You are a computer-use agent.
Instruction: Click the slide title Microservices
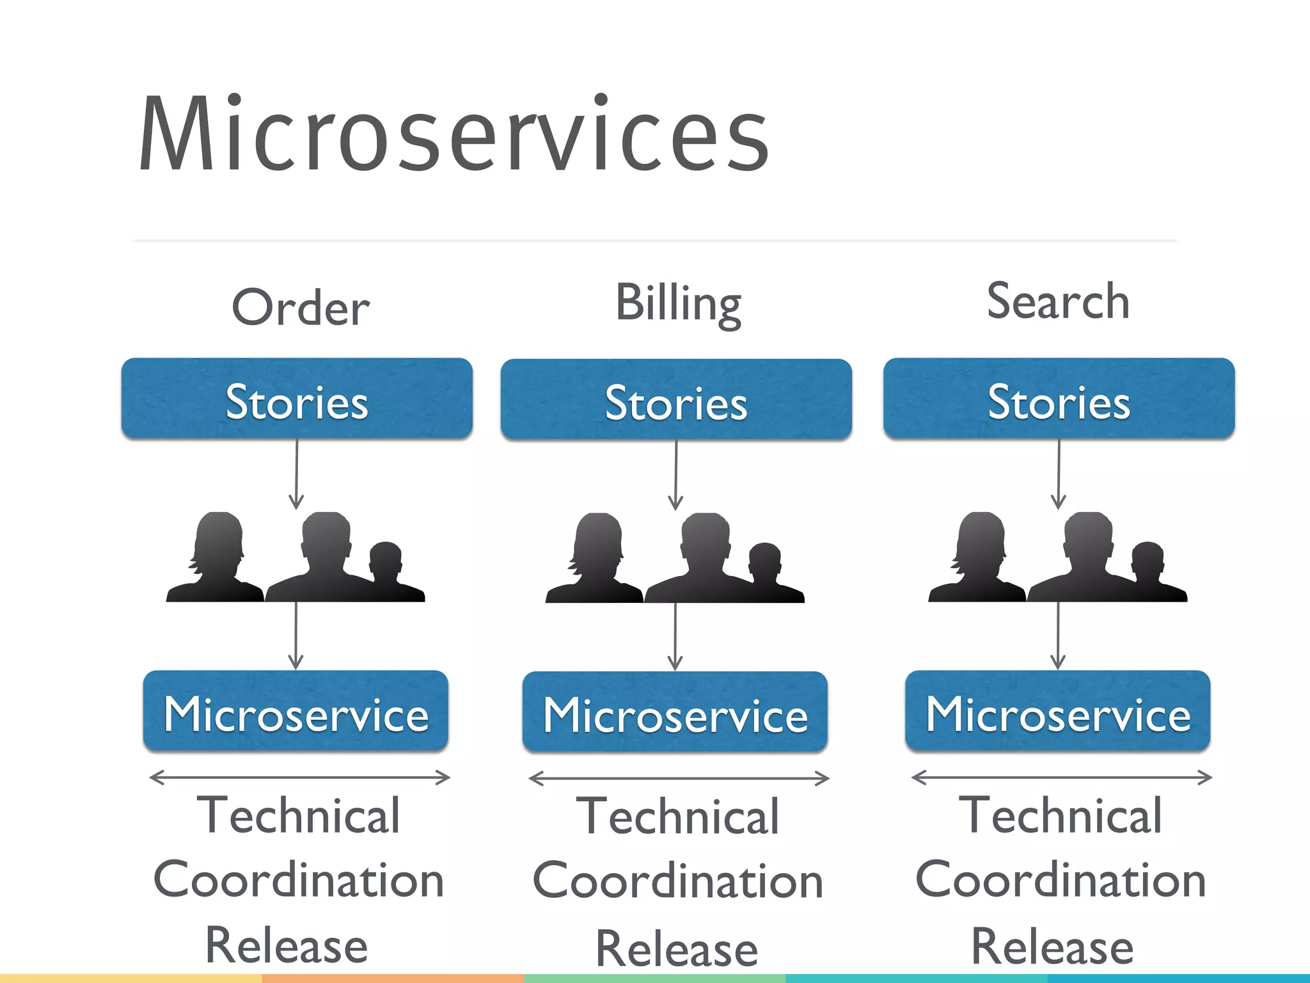click(x=454, y=134)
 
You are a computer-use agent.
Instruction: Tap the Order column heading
click(x=301, y=308)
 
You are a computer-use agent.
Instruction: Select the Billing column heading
click(x=678, y=303)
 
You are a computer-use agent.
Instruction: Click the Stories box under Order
click(x=297, y=399)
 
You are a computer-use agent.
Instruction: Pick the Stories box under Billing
click(x=676, y=400)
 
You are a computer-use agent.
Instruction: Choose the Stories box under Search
click(x=1059, y=399)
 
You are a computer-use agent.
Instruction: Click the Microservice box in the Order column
click(x=296, y=711)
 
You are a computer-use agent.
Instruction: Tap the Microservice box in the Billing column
click(x=675, y=712)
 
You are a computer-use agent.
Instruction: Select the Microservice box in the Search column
click(x=1057, y=711)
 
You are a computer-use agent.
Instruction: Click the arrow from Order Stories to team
click(x=296, y=474)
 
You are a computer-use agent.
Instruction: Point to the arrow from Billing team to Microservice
click(x=675, y=637)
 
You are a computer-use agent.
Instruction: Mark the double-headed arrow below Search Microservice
click(x=1061, y=778)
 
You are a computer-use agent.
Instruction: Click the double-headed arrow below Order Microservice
click(x=299, y=778)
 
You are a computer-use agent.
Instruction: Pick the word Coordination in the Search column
click(x=1061, y=880)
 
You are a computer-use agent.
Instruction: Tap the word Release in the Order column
click(x=287, y=945)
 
